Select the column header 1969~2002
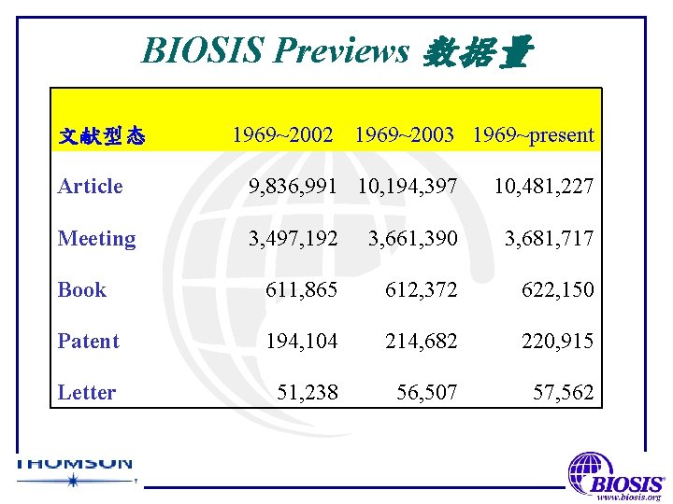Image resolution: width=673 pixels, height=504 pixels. [282, 135]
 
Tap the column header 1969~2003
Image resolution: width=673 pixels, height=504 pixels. [406, 135]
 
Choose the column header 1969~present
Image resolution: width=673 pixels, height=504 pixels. [533, 135]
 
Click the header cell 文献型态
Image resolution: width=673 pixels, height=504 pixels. [101, 136]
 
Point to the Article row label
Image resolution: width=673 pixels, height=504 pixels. [90, 187]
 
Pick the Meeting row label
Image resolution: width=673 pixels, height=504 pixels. [96, 239]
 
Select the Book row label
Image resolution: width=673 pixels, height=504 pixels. [81, 290]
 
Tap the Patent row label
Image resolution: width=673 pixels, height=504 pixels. [88, 342]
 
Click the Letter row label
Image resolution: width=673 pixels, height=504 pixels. [86, 393]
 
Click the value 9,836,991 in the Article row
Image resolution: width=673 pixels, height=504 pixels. [294, 187]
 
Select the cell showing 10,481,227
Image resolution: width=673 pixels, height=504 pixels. [543, 187]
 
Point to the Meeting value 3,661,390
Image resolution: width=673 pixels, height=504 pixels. [412, 239]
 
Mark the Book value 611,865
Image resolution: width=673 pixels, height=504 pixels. [302, 290]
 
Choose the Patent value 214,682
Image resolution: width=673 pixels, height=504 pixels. [421, 342]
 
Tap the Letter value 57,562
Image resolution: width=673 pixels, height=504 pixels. [563, 393]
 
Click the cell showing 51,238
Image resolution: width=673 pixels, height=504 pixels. [308, 393]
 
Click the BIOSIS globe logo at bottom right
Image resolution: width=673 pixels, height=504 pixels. [592, 472]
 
